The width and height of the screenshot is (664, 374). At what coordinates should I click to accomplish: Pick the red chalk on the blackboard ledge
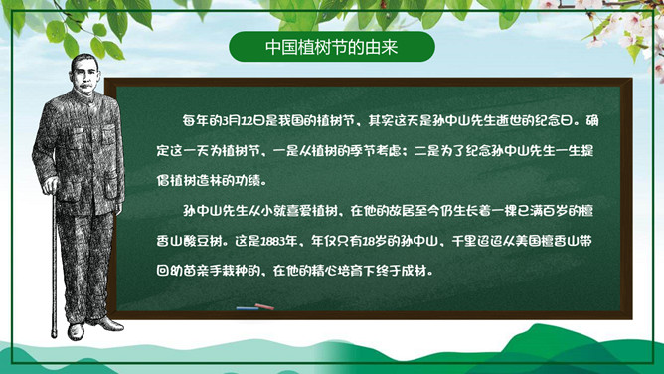[x=263, y=307]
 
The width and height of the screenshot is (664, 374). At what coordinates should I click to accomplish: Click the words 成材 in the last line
[x=443, y=272]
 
